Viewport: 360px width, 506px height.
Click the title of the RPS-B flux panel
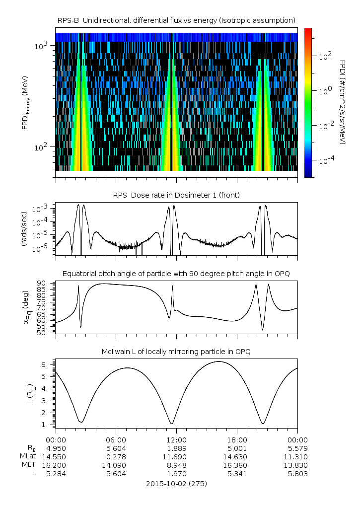(176, 20)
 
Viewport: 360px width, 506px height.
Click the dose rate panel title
(176, 195)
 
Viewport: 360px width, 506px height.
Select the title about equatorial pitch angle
(176, 274)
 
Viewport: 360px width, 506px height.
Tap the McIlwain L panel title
(176, 352)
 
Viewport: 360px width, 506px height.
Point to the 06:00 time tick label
(116, 440)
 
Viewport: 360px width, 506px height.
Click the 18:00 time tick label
(237, 440)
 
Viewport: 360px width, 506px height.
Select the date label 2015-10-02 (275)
(176, 483)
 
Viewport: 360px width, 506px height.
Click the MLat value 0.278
(116, 456)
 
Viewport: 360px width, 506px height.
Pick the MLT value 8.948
(176, 465)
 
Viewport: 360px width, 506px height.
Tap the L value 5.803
(297, 474)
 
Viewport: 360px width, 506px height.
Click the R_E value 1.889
(176, 448)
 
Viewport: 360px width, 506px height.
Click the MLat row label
(26, 456)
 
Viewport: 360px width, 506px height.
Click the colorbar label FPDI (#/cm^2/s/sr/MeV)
(342, 102)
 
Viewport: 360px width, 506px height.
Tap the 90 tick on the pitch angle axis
(42, 284)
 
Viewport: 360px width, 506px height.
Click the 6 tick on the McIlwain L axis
(45, 364)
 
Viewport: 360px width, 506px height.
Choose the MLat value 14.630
(237, 456)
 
